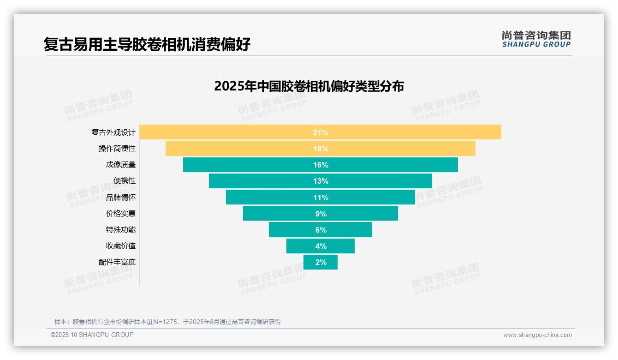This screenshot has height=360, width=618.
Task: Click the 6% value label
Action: (321, 230)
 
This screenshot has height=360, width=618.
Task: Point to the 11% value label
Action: (321, 198)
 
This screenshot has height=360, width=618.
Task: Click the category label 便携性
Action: (124, 181)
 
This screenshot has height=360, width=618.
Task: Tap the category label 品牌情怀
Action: (120, 197)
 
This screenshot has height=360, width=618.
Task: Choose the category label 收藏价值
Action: (120, 246)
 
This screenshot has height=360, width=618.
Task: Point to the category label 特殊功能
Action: (120, 229)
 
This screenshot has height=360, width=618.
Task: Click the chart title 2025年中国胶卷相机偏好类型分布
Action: (309, 86)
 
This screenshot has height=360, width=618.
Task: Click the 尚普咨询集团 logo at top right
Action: (536, 39)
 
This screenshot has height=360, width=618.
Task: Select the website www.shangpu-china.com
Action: (537, 335)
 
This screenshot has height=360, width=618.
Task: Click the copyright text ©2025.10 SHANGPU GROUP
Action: (92, 335)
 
